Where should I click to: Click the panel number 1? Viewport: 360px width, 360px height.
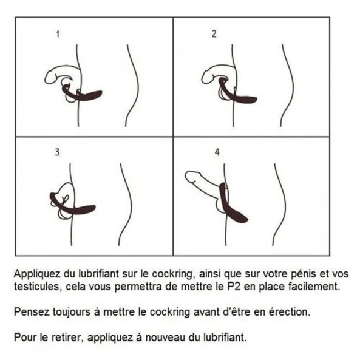coord(58,34)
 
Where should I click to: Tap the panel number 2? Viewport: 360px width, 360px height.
coord(214,34)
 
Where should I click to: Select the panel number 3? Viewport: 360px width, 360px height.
coord(58,152)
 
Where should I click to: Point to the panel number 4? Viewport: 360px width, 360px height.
coord(217,152)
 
